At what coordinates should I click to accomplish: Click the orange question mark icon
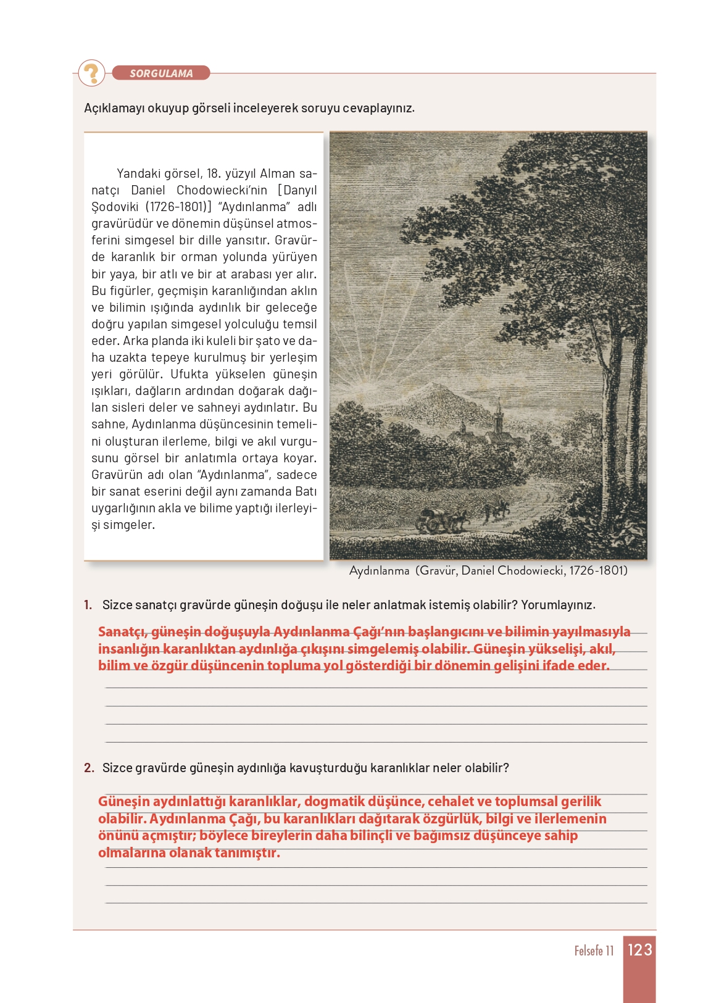92,73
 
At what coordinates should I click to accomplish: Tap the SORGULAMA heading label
161,73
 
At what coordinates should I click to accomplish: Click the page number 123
639,949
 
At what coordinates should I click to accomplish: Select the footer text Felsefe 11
594,951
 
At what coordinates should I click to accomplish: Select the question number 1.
88,605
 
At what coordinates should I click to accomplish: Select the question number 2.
89,768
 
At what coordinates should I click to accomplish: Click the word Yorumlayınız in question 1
558,605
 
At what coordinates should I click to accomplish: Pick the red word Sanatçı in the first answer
122,632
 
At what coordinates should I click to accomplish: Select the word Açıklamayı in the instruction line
114,108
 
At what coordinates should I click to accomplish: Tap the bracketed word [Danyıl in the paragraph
297,190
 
